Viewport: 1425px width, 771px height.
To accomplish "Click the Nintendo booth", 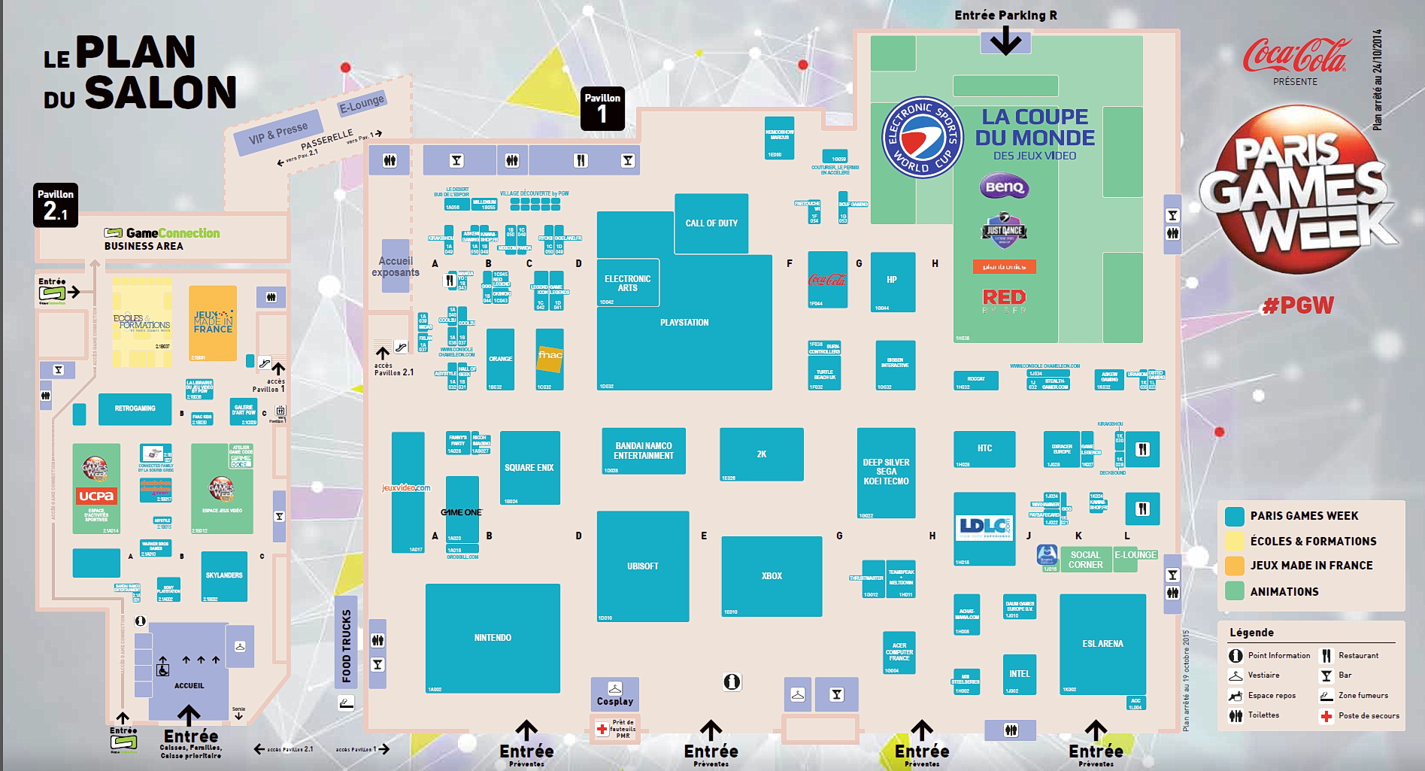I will tap(493, 638).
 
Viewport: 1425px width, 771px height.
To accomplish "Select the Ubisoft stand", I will tap(643, 566).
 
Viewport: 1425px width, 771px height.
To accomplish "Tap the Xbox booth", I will tap(772, 575).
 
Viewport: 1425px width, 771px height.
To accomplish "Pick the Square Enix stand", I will tap(529, 467).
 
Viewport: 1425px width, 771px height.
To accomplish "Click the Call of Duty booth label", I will tap(711, 223).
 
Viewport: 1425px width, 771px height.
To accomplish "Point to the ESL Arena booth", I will tap(1102, 644).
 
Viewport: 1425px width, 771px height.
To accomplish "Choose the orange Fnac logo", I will tap(550, 356).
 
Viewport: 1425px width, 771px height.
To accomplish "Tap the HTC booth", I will tap(984, 448).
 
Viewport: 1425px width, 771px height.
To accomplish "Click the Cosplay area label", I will tap(615, 701).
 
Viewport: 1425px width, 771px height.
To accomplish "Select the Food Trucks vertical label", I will tap(346, 645).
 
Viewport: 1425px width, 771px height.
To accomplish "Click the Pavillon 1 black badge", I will tap(602, 109).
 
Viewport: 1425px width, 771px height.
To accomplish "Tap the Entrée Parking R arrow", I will tap(1005, 41).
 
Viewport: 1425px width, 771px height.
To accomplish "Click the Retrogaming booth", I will tap(135, 408).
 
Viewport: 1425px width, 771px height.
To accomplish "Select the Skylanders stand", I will tap(224, 575).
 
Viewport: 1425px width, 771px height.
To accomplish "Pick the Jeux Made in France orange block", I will tap(213, 323).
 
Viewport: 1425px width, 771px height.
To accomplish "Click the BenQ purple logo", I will tap(1005, 187).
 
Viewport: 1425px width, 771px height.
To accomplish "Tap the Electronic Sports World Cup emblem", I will tap(922, 138).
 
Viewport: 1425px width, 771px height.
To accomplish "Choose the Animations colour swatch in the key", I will tap(1234, 591).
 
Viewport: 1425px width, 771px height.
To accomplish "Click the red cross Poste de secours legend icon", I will tap(1326, 716).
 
